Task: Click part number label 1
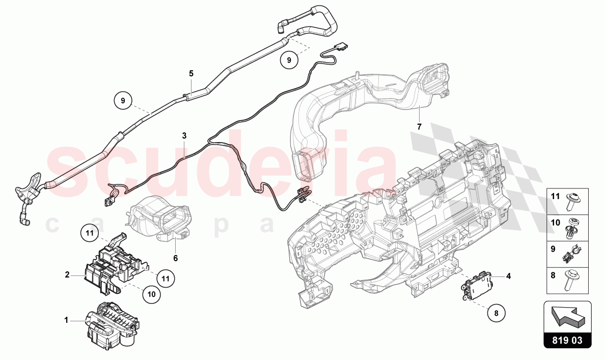point(66,320)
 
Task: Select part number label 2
point(67,275)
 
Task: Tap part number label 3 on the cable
point(184,136)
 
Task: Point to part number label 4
point(508,276)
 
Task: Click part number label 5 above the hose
point(191,74)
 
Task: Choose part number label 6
point(175,258)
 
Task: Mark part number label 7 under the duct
point(419,126)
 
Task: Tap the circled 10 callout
point(152,294)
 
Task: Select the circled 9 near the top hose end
point(289,60)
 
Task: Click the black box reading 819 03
point(567,340)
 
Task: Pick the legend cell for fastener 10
point(567,228)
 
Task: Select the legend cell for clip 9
point(567,254)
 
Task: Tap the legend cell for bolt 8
point(567,280)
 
